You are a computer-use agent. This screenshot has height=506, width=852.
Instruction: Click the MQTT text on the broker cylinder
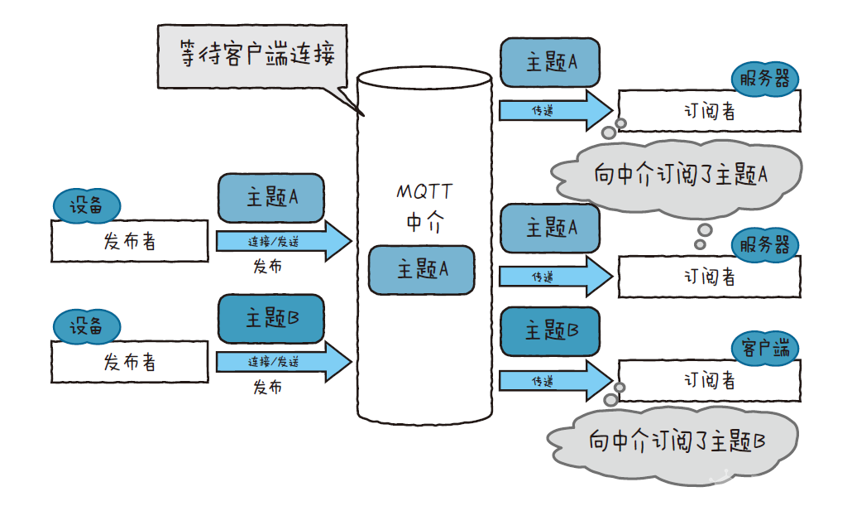pos(424,191)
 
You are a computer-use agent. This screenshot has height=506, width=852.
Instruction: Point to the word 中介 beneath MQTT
pos(424,222)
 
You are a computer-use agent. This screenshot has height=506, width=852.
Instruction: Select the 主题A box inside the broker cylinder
pos(422,270)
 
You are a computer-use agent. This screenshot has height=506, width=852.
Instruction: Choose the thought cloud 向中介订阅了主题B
pos(676,441)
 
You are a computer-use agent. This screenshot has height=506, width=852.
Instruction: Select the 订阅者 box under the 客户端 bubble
pos(709,380)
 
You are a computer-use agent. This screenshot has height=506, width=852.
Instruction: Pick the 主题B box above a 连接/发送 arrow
pos(270,318)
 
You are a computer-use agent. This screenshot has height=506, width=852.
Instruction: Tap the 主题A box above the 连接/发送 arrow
pos(270,198)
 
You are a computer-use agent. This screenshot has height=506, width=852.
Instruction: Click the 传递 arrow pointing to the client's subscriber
pos(554,381)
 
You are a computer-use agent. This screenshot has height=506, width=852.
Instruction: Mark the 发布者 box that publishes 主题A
pos(130,241)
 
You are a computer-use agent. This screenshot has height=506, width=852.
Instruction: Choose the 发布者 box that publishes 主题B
pos(130,362)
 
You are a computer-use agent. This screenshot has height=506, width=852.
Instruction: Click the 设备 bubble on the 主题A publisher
pos(86,205)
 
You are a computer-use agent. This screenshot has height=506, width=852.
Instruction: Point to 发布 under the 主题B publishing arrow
pos(267,388)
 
